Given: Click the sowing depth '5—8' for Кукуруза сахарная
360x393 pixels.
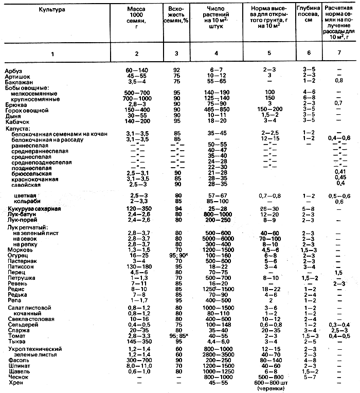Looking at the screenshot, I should (x=309, y=209).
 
